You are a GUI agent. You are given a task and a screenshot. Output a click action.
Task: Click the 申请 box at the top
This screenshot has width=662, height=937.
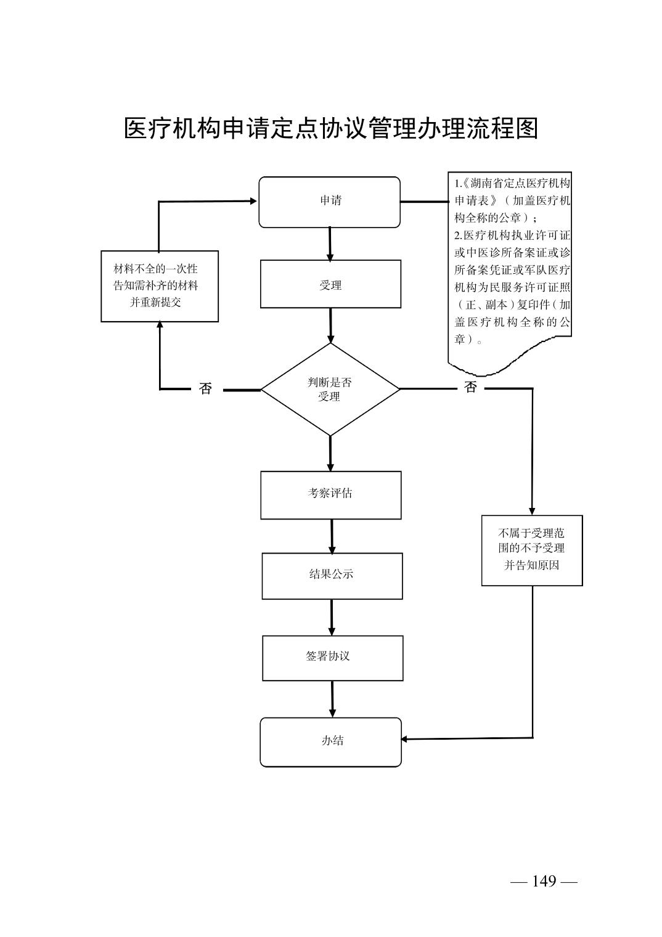click(329, 202)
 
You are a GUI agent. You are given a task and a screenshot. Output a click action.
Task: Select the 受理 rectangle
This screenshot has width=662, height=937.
click(330, 284)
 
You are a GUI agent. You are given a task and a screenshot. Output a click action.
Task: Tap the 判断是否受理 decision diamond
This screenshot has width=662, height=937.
click(330, 389)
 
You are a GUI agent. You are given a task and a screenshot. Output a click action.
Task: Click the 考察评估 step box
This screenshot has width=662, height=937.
click(330, 494)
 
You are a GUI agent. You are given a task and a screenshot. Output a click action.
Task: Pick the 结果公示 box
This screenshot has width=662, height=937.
click(332, 575)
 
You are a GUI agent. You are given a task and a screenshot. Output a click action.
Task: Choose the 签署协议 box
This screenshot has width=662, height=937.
click(332, 658)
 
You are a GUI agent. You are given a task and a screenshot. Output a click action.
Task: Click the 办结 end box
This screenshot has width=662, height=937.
click(330, 742)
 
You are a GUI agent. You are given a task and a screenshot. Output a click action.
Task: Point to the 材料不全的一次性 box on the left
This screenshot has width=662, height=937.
click(159, 286)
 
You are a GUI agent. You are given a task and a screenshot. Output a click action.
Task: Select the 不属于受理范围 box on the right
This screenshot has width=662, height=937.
click(531, 550)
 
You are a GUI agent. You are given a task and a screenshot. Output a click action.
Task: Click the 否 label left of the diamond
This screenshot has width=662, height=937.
click(206, 389)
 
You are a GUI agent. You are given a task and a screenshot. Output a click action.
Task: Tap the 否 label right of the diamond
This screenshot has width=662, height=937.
click(470, 388)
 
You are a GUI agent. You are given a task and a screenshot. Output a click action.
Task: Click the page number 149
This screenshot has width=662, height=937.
click(544, 881)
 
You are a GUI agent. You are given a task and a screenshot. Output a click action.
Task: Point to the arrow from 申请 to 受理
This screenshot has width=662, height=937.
click(330, 243)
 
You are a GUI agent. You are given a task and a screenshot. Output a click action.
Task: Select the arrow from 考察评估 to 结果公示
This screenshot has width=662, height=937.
click(332, 536)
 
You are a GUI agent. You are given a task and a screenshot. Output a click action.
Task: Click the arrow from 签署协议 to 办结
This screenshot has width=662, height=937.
click(332, 699)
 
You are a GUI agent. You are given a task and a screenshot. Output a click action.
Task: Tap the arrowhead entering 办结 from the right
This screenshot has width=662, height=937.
click(405, 739)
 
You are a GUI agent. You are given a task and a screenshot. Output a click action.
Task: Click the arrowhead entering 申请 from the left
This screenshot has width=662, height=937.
click(253, 201)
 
